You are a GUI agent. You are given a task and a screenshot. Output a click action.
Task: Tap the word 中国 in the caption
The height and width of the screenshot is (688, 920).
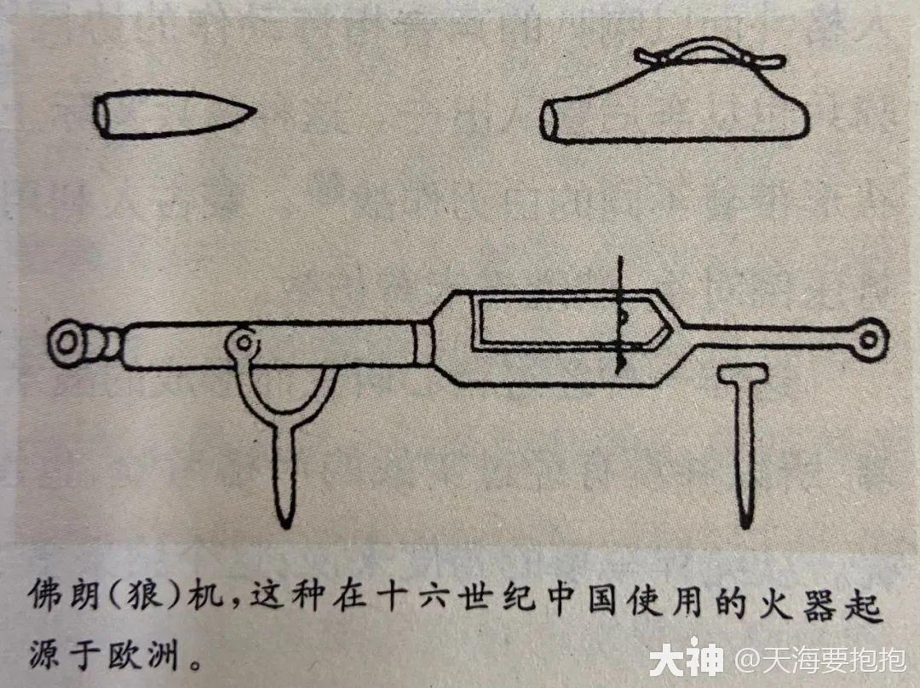point(574,594)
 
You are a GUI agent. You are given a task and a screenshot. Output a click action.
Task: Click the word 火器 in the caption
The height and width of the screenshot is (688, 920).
point(785,594)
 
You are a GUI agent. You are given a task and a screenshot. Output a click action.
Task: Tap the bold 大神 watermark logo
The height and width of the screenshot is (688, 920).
point(686,660)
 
